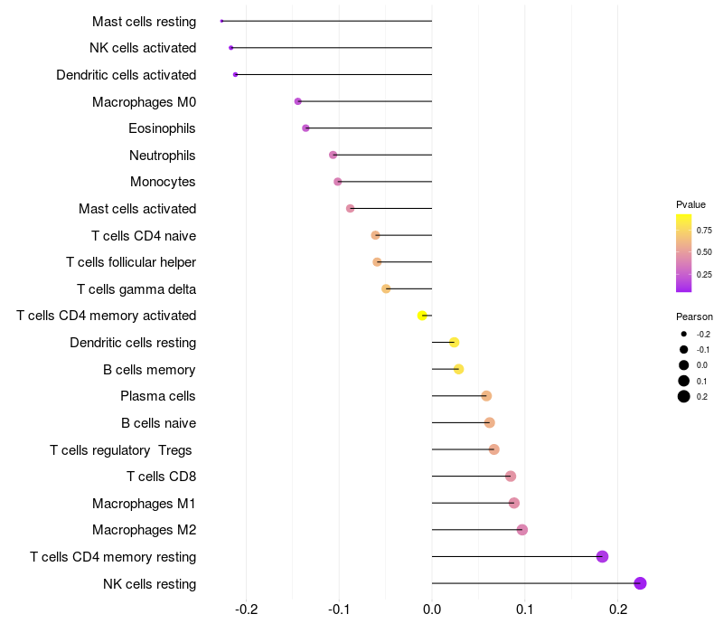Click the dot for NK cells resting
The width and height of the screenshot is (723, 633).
(641, 583)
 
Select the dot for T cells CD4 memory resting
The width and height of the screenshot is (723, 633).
(603, 556)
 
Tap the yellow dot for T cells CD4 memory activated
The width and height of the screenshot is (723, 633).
(422, 316)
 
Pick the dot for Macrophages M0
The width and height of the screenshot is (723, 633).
(298, 101)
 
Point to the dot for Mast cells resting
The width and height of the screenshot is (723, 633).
(221, 21)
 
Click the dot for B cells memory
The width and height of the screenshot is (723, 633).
(458, 369)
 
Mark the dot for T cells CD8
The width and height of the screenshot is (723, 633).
(511, 476)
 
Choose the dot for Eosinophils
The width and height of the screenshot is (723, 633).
(305, 128)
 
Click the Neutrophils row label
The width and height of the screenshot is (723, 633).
(163, 156)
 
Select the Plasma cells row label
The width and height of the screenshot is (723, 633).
(158, 396)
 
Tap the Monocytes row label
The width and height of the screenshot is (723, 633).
(163, 182)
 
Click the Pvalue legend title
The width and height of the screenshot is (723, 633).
(690, 204)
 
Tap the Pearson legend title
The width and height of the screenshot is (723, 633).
(694, 317)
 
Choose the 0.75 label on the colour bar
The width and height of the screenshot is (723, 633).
(704, 230)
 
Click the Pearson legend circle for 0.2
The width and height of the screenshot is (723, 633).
(684, 396)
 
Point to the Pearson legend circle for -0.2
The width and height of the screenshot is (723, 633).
(684, 334)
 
